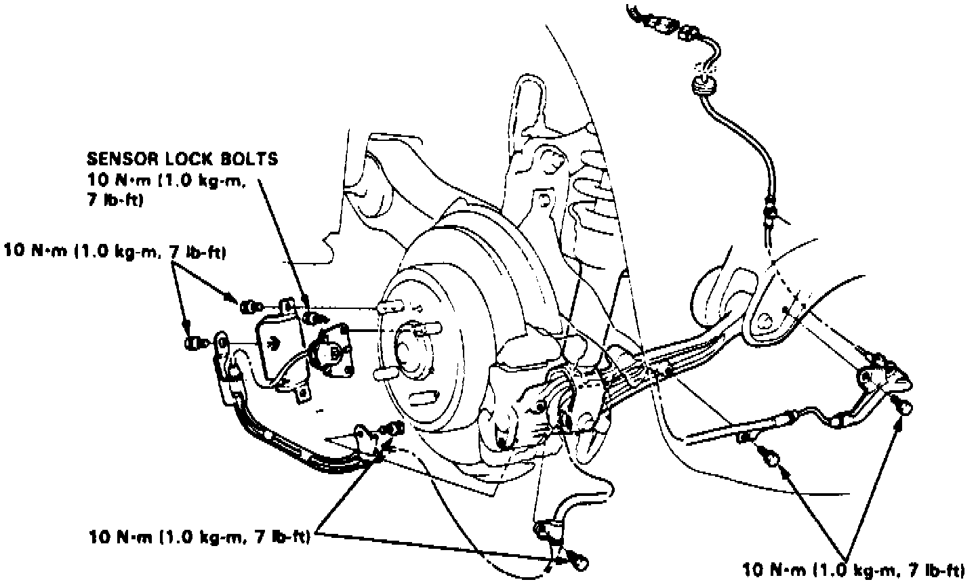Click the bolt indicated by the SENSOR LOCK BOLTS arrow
point(314,316)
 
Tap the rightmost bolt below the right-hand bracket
point(905,406)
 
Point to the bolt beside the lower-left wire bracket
point(392,428)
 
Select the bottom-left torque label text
point(199,537)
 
